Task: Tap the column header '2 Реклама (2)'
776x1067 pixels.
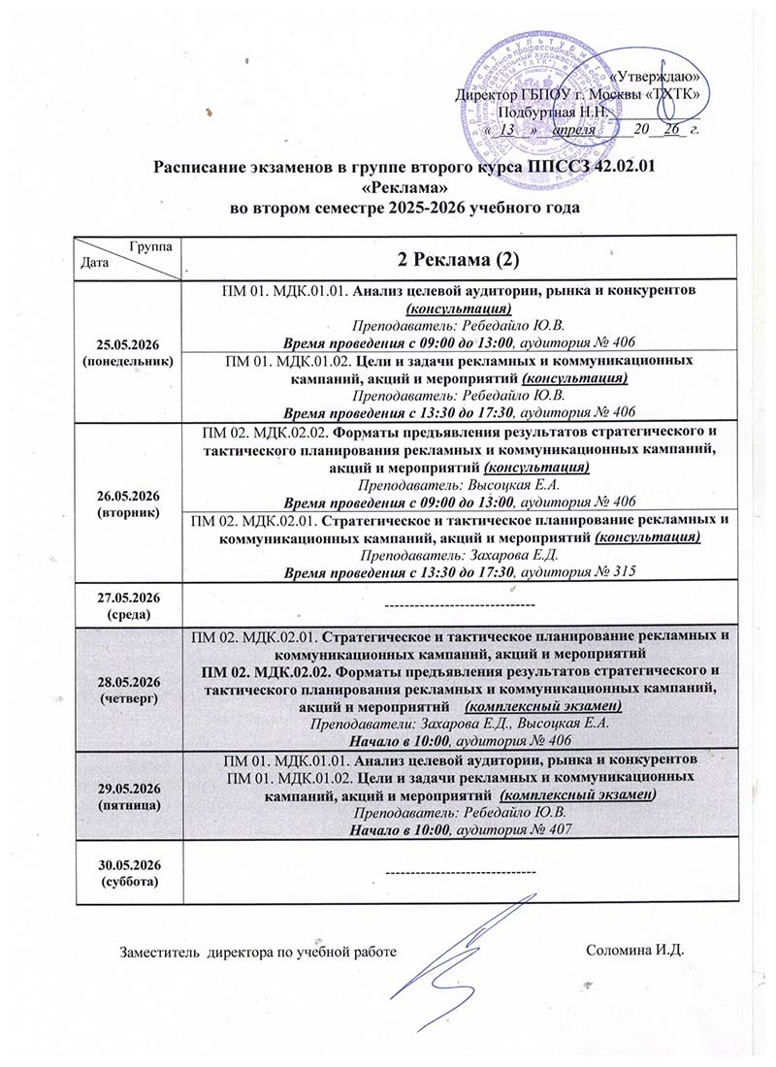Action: coord(459,259)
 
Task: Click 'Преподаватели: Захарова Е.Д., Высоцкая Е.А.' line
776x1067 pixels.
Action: coord(459,724)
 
